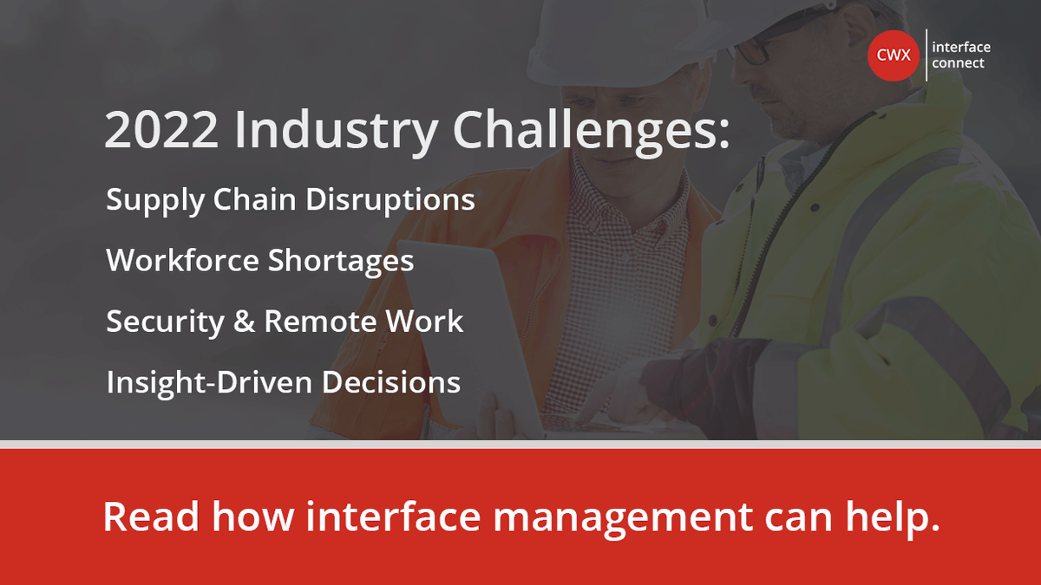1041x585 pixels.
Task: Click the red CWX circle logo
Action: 894,55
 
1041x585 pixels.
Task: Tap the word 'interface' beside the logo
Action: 961,48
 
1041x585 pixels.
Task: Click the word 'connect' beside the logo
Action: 959,63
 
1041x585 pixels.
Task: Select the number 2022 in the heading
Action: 160,130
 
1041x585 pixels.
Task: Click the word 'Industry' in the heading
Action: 336,130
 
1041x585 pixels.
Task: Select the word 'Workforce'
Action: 182,261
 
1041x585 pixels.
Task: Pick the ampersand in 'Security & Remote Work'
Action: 244,322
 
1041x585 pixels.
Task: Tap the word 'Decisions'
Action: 395,382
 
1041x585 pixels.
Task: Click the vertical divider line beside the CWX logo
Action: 926,55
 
